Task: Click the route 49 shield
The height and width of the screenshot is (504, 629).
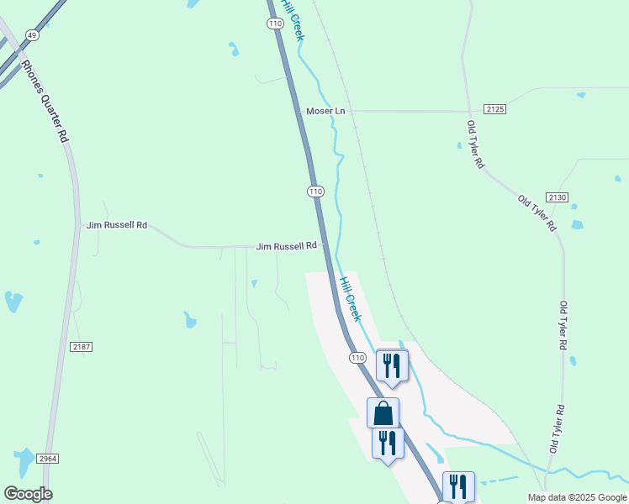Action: tap(32, 34)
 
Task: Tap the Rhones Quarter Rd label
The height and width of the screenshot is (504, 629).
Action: tap(45, 101)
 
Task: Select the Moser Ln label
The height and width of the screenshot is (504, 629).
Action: tap(325, 111)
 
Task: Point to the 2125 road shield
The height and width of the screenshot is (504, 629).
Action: tap(494, 109)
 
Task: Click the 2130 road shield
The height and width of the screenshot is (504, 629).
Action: tap(558, 197)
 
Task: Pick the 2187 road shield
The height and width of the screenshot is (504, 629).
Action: tap(82, 346)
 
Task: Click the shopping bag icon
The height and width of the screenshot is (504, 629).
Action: tap(383, 412)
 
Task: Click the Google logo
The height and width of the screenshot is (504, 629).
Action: tap(28, 494)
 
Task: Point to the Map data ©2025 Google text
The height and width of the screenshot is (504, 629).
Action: tap(577, 497)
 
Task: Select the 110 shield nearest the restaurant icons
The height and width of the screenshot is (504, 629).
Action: tap(357, 358)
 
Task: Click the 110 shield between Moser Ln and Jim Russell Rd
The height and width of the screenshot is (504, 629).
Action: tap(315, 192)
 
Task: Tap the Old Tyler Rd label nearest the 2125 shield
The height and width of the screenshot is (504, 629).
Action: tap(476, 144)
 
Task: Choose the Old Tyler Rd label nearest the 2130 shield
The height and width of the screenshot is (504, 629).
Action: tap(537, 213)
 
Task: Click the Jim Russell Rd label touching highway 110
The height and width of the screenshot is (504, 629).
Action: tap(287, 246)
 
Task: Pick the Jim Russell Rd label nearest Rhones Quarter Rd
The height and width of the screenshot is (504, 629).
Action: tap(117, 225)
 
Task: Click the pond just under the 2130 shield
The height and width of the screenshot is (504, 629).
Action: tap(577, 224)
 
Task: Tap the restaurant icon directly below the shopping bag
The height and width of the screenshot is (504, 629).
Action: tap(388, 443)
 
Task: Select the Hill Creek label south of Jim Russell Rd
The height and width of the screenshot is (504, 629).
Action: tap(350, 298)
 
